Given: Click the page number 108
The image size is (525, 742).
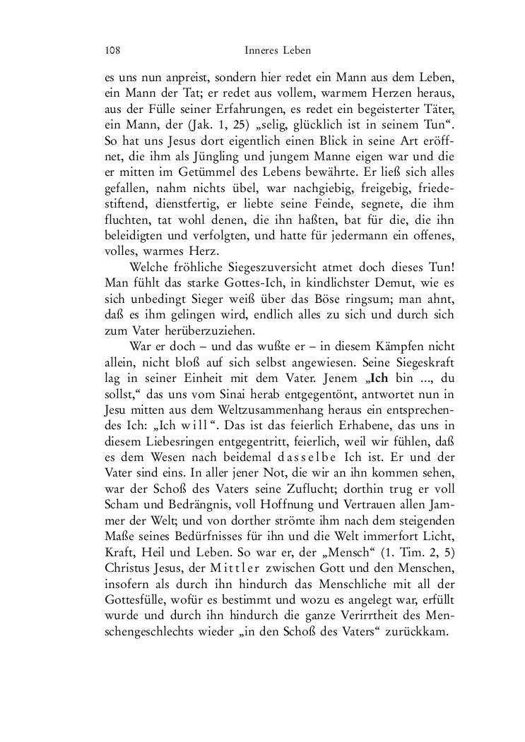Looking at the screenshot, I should coord(111,51).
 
